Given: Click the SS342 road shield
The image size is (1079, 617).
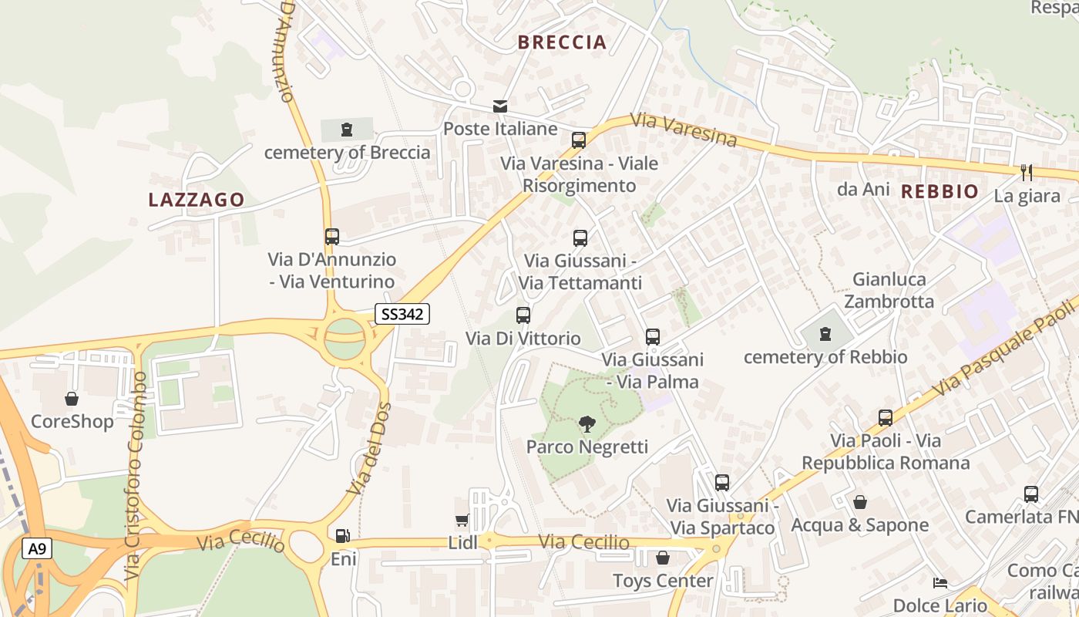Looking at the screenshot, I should coord(402,314).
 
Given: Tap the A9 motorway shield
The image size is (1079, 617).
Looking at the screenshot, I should coord(35,549).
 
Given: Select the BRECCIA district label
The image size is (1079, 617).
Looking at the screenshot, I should coord(563,42).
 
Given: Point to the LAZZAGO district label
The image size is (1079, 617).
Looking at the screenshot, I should coord(197,200).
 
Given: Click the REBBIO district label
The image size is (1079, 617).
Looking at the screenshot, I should coord(940,191).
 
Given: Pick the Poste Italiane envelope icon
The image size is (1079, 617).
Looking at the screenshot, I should coord(501,106).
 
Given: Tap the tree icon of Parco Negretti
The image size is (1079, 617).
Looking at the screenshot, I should coord(587,424).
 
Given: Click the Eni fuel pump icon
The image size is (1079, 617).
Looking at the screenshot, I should coord(342,535).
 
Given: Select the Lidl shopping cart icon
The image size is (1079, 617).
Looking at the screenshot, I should coord(462,521).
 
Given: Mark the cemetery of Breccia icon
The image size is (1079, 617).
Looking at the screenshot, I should coord(347,130).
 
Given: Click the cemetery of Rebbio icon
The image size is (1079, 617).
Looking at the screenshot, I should coord(825,334).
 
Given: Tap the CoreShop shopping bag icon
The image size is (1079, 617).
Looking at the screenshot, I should coord(72,399).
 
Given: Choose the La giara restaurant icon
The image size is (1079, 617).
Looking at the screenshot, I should coord(1027,172).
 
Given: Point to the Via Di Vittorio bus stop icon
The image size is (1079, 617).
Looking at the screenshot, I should coord(523,315).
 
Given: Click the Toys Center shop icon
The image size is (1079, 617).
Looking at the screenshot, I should coord(663,557).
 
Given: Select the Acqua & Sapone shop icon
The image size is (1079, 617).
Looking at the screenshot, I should coord(860,502).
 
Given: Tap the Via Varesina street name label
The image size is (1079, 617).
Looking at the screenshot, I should coord(684,130).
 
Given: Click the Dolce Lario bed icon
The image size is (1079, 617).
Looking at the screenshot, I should coord(940,582).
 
